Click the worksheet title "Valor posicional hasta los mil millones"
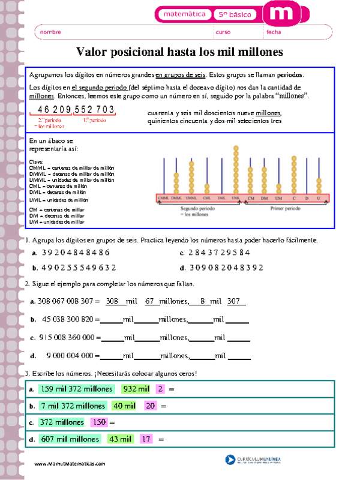(x=180, y=52)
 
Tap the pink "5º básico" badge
(x=235, y=14)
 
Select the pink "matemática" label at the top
(x=184, y=14)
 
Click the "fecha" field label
(x=274, y=32)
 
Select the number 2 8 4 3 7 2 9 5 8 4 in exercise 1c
(x=219, y=252)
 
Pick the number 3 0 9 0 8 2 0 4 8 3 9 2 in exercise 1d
(x=226, y=268)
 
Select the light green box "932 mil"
(x=136, y=389)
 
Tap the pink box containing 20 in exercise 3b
(x=150, y=406)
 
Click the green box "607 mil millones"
(x=70, y=439)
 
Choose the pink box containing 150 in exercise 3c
(x=99, y=422)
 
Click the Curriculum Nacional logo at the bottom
(x=253, y=460)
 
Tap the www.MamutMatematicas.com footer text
(x=70, y=464)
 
